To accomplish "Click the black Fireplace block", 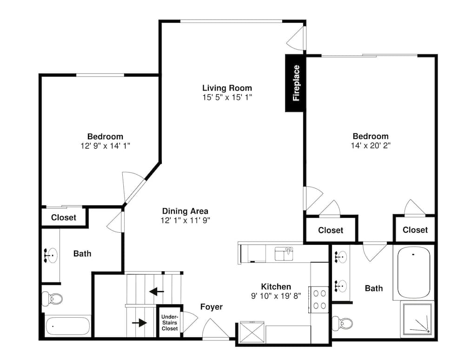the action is tap(295, 83).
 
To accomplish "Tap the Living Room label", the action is tap(227, 88).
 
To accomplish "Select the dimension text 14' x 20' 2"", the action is tap(371, 145).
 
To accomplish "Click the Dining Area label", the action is tap(185, 211).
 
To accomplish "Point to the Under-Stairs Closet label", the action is tap(170, 323).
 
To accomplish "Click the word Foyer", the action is tap(212, 307).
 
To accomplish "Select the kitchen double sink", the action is tap(284, 254).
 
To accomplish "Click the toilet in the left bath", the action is tap(52, 298).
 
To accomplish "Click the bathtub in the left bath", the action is tap(68, 326).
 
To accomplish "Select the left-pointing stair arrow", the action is tap(157, 292).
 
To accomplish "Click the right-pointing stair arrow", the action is tap(139, 323).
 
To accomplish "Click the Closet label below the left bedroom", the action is tap(63, 217).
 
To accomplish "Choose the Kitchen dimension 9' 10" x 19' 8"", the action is tap(276, 296).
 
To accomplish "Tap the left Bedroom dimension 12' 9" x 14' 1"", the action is tap(105, 146).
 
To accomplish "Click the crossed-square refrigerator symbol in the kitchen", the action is tap(252, 332).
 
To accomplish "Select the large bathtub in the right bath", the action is tap(414, 273).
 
